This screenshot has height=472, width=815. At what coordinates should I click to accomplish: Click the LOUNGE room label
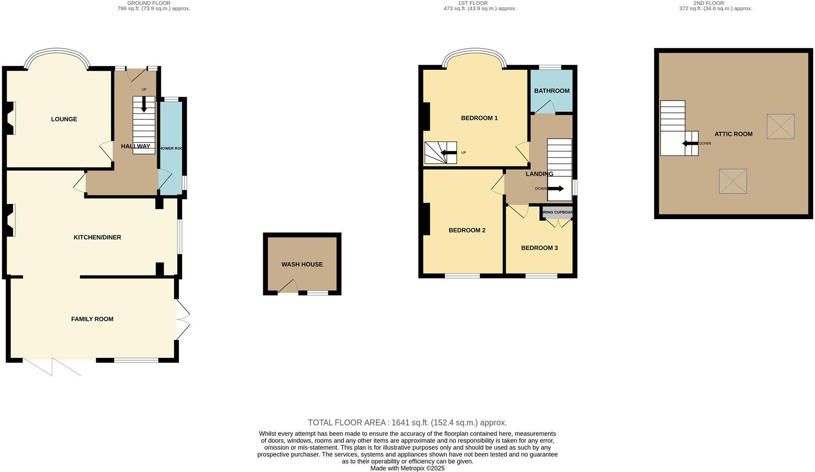(x=64, y=119)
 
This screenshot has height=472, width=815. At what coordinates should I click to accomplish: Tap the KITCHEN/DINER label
(x=97, y=237)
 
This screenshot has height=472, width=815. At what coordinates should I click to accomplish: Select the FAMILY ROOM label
(x=92, y=319)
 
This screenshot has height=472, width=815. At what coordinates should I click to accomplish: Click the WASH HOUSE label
(x=302, y=264)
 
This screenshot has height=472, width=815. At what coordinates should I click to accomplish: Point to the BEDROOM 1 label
(x=479, y=118)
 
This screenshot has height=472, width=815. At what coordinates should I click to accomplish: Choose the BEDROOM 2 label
(x=467, y=230)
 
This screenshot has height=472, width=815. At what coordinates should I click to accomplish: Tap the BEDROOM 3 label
(x=539, y=248)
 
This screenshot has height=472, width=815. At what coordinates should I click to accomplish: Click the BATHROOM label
(x=551, y=91)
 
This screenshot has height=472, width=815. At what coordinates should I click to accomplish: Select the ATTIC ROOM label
(x=733, y=134)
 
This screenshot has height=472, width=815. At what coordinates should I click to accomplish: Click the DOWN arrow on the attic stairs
(x=690, y=143)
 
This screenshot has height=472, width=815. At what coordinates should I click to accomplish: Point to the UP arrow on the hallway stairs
(x=144, y=104)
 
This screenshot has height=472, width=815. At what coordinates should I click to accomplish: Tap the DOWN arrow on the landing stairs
(x=556, y=189)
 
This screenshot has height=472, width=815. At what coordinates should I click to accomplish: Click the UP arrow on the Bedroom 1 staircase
(x=448, y=153)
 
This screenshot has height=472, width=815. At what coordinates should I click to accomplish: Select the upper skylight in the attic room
(x=780, y=126)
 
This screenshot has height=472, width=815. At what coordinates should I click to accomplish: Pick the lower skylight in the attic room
(x=733, y=181)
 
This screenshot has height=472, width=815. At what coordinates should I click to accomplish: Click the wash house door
(x=288, y=287)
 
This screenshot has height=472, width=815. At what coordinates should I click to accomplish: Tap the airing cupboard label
(x=557, y=213)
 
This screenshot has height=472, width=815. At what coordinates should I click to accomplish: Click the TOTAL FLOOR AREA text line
(x=407, y=423)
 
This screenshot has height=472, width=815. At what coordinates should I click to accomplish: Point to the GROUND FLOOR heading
(x=149, y=3)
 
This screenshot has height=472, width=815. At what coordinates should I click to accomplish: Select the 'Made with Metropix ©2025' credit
(x=407, y=468)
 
